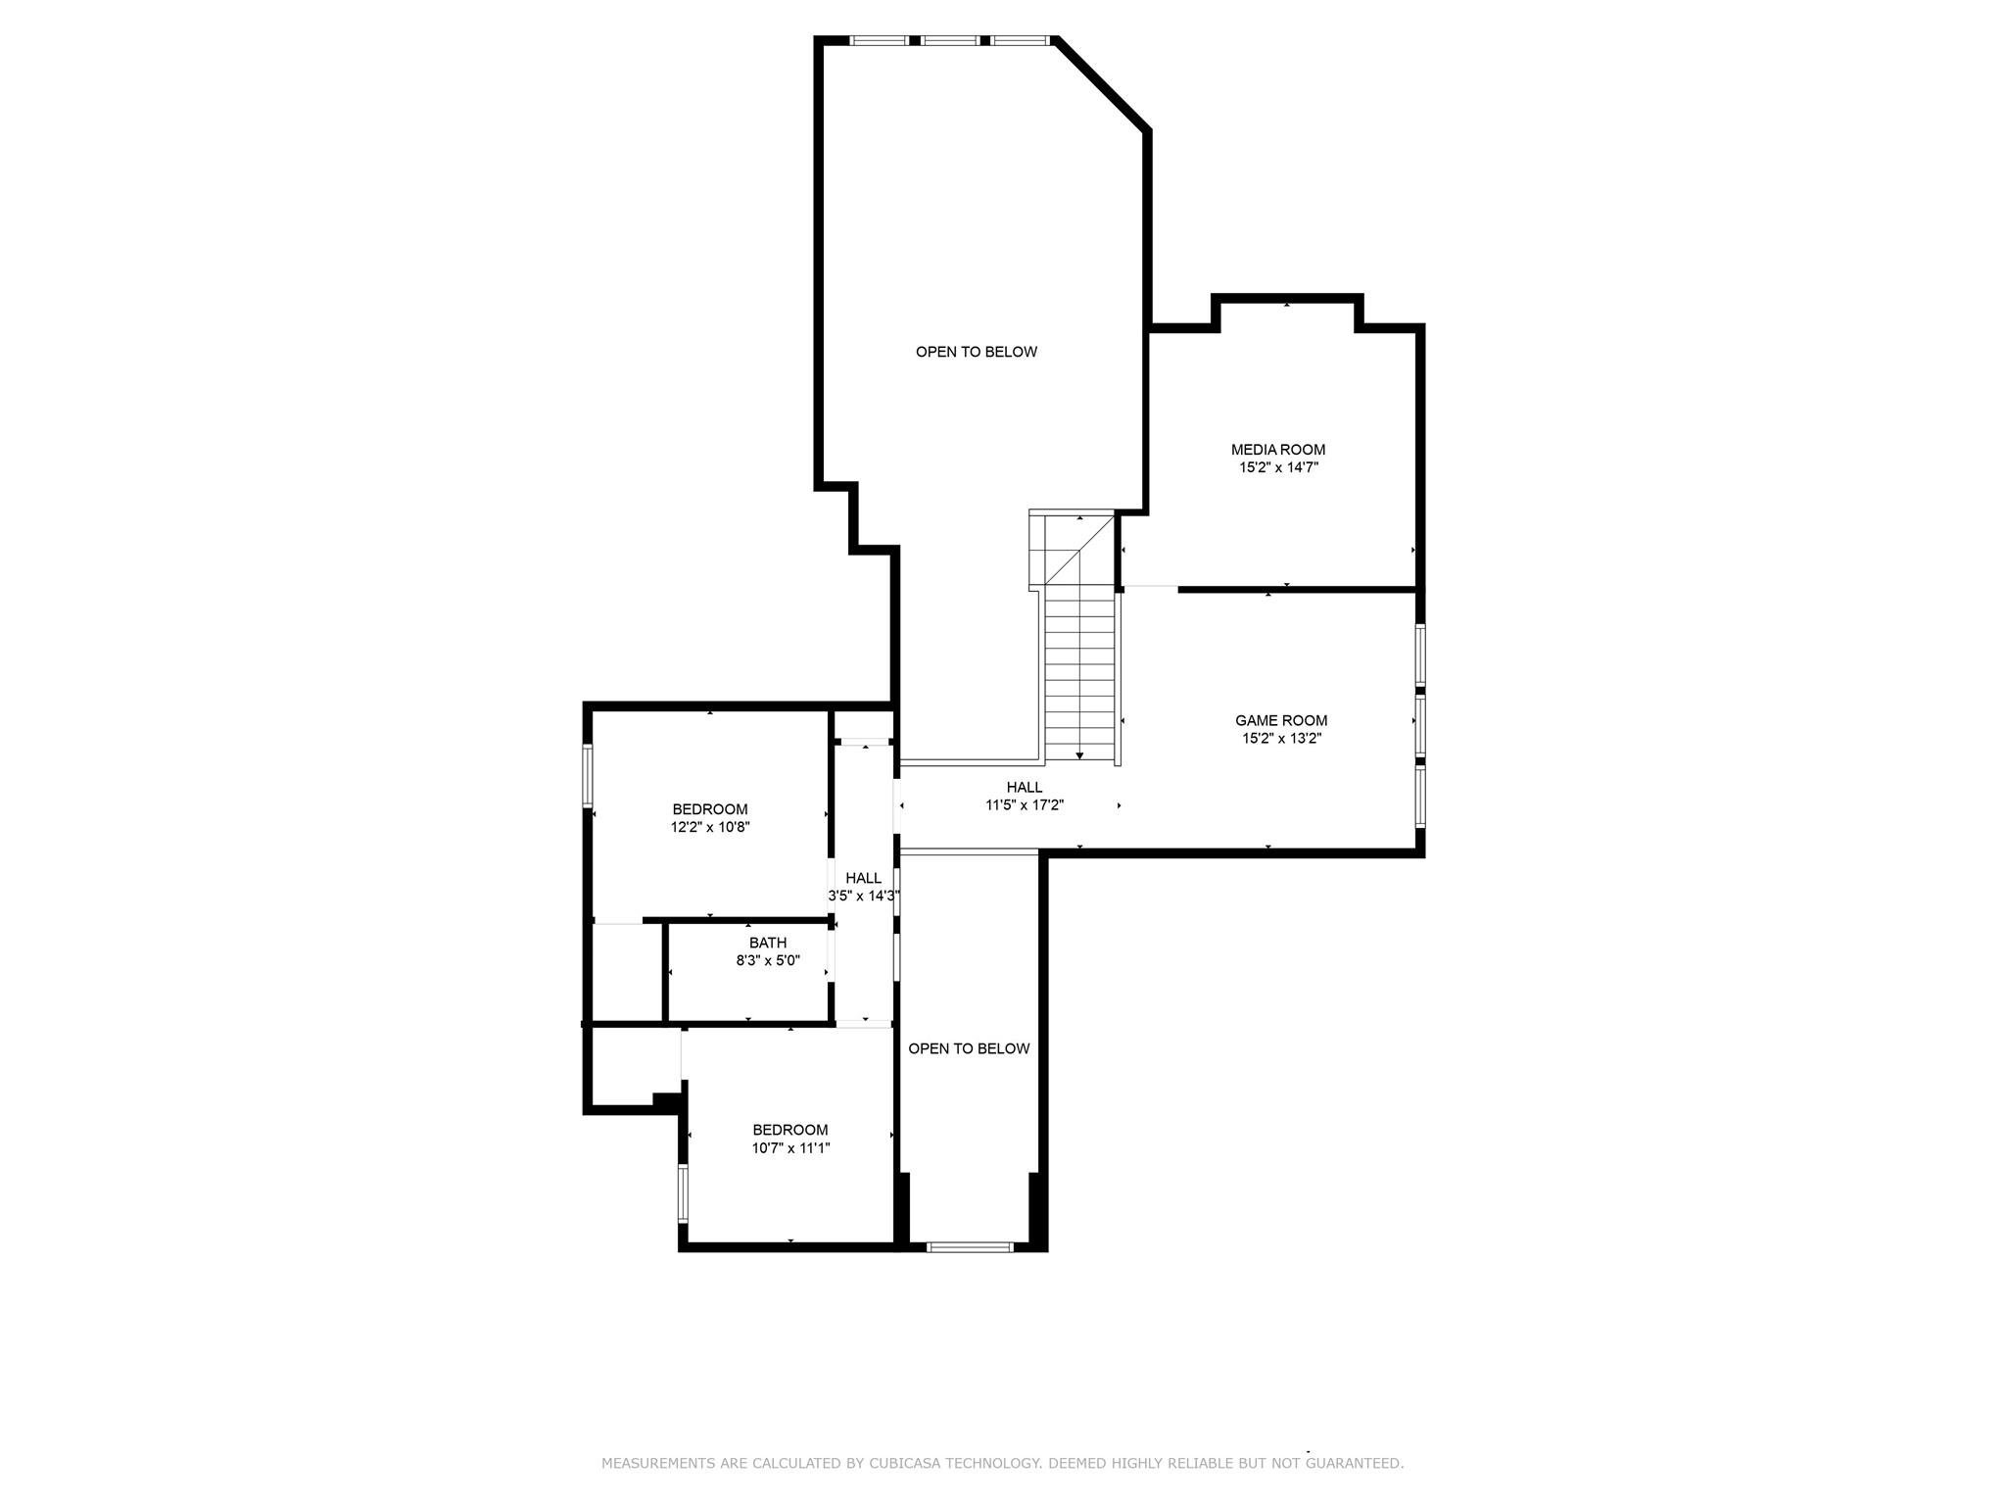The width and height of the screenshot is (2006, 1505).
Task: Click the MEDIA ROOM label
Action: point(1278,450)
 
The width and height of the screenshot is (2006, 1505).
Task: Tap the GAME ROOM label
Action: point(1281,720)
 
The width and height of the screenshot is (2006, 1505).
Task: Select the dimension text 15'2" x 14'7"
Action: point(1278,468)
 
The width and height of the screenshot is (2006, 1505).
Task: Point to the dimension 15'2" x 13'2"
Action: point(1281,739)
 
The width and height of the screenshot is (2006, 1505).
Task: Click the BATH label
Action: point(768,943)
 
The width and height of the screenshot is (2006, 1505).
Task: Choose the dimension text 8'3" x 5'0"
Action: point(768,961)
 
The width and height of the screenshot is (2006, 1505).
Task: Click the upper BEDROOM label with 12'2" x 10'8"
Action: point(710,809)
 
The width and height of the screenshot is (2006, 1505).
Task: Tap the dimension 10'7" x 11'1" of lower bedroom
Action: point(790,1148)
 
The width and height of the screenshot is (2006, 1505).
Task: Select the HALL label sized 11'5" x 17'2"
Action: point(1025,787)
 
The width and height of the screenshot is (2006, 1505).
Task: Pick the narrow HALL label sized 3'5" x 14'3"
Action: point(864,878)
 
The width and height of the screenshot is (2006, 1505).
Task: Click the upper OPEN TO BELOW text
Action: point(977,352)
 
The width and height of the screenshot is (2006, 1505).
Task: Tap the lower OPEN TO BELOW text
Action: point(969,1048)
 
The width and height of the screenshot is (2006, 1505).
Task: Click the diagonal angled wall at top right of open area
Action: point(1100,84)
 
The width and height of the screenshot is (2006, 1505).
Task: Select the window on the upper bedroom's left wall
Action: point(589,776)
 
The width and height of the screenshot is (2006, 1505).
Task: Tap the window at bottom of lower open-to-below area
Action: point(970,1247)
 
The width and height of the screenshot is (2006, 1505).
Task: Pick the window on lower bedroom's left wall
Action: point(684,1192)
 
